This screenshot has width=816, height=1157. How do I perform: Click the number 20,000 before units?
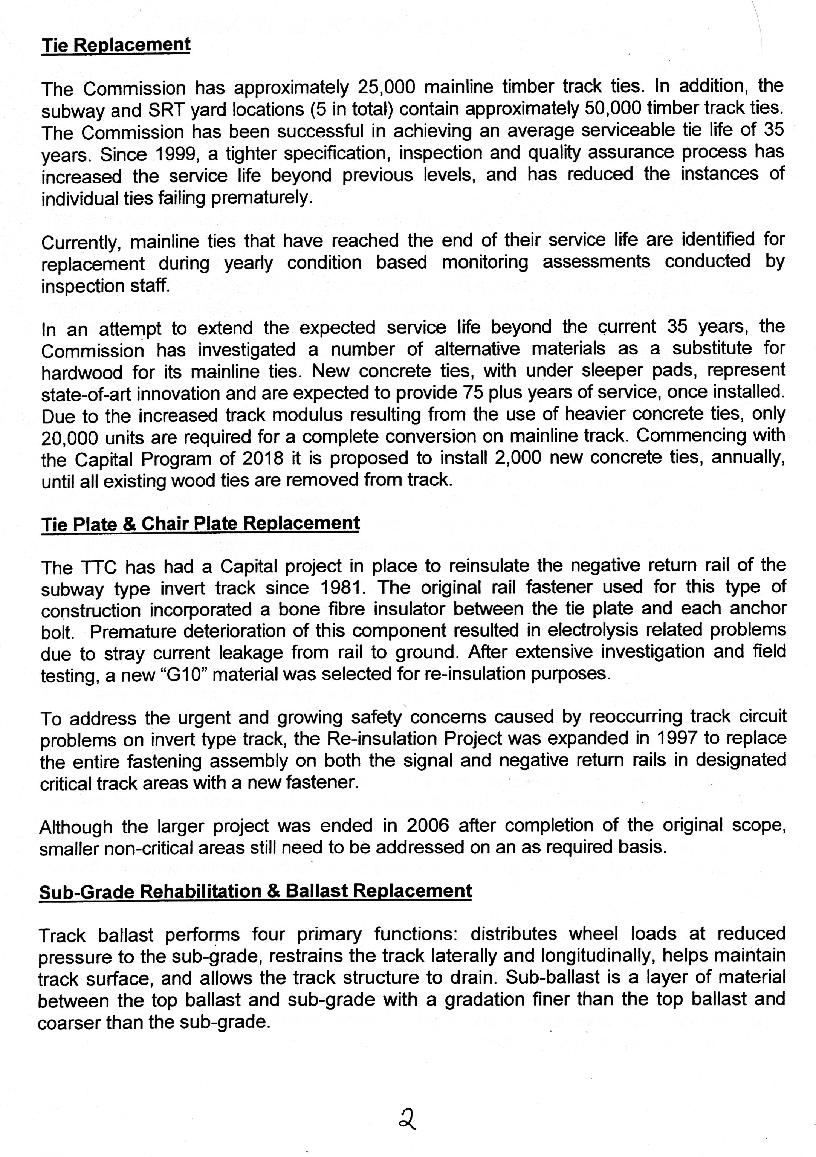[70, 438]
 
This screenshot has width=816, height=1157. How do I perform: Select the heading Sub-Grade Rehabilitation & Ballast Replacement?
[255, 891]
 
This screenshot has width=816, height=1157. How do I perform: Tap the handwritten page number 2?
[406, 1119]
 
